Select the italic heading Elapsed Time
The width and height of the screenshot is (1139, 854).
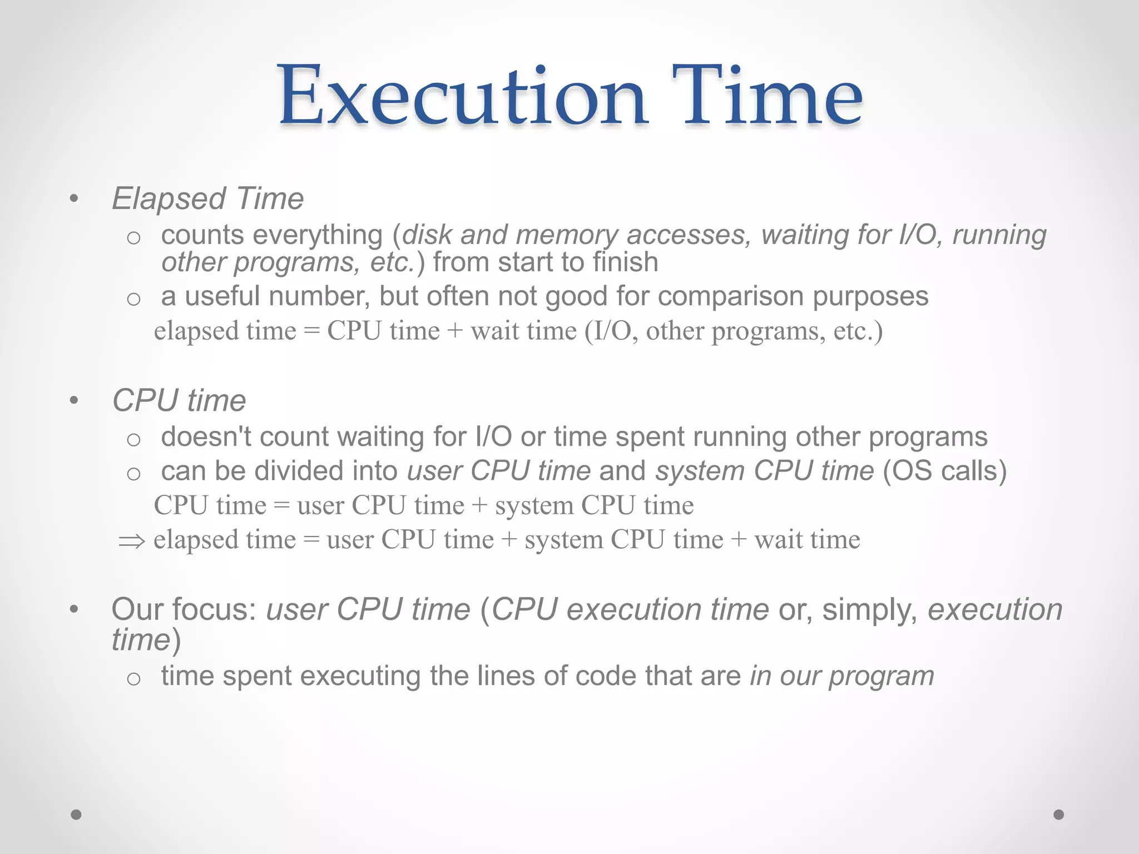coord(208,198)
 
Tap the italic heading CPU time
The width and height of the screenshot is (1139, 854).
coord(179,400)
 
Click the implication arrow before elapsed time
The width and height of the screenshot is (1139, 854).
coord(132,541)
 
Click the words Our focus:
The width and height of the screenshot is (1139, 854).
coord(184,609)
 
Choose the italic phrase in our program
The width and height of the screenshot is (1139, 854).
coord(841,676)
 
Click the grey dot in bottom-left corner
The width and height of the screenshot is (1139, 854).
coord(76,815)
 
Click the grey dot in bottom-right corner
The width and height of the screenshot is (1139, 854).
coord(1059,815)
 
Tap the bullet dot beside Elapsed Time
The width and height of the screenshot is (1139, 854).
coord(74,199)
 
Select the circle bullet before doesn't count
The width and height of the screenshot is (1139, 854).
coord(133,440)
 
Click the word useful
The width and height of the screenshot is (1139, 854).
coord(222,296)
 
